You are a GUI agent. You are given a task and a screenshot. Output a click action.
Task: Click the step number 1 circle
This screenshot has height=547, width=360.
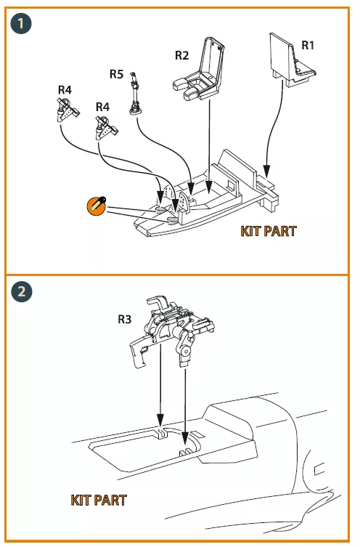pos(21,23)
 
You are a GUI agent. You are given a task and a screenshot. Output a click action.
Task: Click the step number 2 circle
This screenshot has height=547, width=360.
pos(21,291)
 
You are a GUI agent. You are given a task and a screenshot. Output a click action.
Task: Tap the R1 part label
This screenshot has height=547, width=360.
pos(307,45)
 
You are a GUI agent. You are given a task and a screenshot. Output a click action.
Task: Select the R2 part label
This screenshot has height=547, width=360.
pos(181,55)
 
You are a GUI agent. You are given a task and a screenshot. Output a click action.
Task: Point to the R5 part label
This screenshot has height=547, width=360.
pos(116,74)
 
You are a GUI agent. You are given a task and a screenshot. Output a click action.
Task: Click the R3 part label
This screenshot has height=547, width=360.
pos(124,319)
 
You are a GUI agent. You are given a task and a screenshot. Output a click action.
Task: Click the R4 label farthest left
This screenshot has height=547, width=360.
pos(65,90)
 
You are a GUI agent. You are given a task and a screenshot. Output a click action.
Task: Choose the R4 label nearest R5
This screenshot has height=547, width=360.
pos(102,107)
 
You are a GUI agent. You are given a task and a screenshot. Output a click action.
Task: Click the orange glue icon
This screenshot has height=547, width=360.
pos(97,206)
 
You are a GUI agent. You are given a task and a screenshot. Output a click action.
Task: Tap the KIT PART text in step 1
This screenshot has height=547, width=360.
pos(269,231)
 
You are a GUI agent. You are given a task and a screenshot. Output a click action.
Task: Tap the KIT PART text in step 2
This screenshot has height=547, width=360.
pos(99,501)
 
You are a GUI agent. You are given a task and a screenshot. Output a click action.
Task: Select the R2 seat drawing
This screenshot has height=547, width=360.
pos(199,68)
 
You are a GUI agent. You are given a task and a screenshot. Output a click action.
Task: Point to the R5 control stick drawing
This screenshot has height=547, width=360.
pos(135,94)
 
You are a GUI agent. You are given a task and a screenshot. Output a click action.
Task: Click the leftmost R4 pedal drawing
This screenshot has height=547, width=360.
pos(67,110)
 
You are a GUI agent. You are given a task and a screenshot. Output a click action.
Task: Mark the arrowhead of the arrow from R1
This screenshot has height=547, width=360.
pos(266,171)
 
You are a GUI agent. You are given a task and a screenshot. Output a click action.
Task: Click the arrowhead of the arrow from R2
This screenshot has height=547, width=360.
pos(209,186)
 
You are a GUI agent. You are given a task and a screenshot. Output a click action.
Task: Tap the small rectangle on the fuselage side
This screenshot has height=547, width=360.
pos(319,470)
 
